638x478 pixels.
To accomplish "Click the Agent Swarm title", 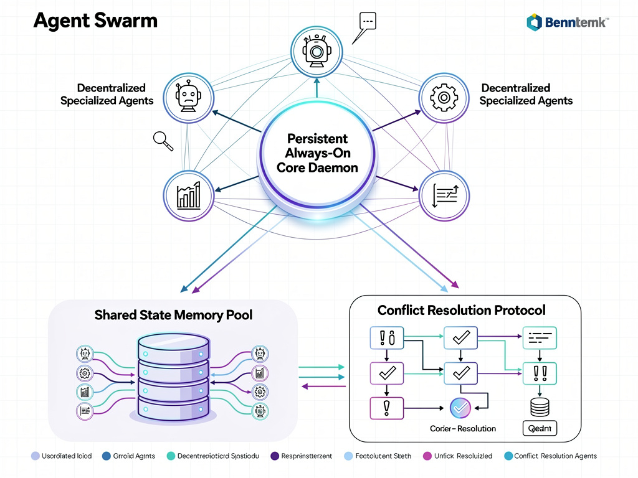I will tap(95, 21).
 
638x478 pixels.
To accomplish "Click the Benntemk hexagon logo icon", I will tap(534, 23).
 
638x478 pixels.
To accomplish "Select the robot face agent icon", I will tap(188, 98).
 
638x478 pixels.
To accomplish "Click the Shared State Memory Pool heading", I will tap(174, 315).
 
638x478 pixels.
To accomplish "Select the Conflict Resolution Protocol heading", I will tap(461, 309).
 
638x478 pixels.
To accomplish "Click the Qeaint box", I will tap(539, 428).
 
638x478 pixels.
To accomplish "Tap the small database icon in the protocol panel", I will tap(539, 408).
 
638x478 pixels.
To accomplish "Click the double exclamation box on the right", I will tap(540, 373).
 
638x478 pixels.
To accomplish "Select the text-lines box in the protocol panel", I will tap(540, 339).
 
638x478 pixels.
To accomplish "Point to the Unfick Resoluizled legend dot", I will tap(427, 456).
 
